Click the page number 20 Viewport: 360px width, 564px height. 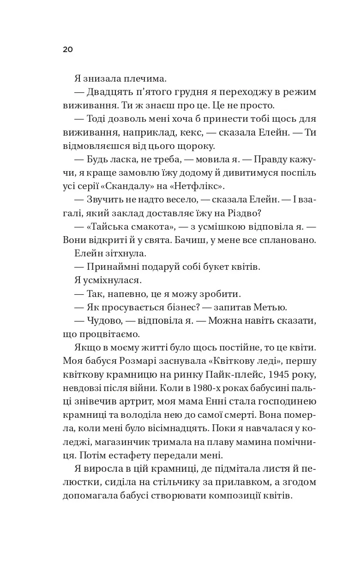(x=68, y=49)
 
